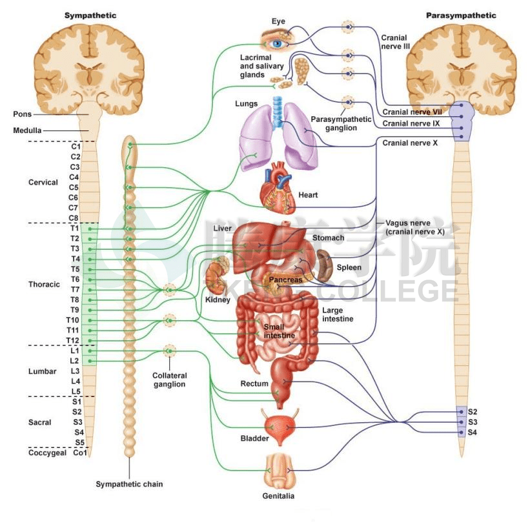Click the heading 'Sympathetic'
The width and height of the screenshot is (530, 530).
pos(90,15)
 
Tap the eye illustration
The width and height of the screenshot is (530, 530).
pos(278,43)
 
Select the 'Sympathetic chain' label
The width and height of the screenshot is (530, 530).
pos(129,484)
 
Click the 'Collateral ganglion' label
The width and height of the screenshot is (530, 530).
pos(170,380)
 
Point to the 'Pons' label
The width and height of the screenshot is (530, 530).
pos(22,114)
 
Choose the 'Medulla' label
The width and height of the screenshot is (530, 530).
pos(27,130)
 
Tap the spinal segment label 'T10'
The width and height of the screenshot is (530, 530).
pos(72,320)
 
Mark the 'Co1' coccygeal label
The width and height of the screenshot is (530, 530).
pos(79,453)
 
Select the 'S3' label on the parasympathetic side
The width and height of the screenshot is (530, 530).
pos(473,422)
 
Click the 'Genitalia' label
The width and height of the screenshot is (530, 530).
pos(278,496)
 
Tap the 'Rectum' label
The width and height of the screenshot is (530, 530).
pos(254,384)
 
